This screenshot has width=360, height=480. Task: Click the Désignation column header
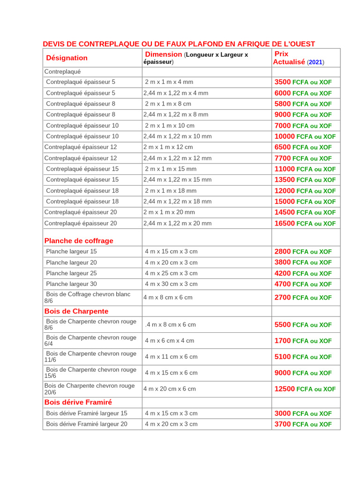coord(67,58)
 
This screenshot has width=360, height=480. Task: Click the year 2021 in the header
coord(315,62)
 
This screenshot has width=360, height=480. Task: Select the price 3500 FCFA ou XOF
coord(303,82)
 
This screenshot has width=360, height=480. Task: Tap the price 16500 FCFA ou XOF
coord(305,224)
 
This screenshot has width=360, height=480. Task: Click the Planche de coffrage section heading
coord(79,241)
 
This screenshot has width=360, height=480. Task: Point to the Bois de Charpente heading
coord(76,311)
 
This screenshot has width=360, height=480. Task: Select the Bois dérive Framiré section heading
coord(78,402)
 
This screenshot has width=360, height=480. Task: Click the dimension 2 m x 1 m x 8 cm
coord(168,104)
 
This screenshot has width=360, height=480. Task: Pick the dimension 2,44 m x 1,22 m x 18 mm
coord(177,202)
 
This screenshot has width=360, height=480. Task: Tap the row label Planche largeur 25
coord(71,273)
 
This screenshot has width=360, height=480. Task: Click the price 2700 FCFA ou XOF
coord(303,298)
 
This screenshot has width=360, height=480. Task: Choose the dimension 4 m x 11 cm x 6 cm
coord(171,357)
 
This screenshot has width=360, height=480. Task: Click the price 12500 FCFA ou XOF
coord(305,389)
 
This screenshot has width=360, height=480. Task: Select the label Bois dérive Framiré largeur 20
coord(86,424)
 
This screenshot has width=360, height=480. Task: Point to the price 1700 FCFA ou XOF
coord(303,341)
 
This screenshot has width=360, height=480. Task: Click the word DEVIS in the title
coord(53,44)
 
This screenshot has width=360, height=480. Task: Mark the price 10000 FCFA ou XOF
coord(305,136)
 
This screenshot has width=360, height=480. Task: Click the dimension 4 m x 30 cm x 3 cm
coord(171,284)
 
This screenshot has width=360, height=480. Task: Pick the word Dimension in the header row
coord(163,54)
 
